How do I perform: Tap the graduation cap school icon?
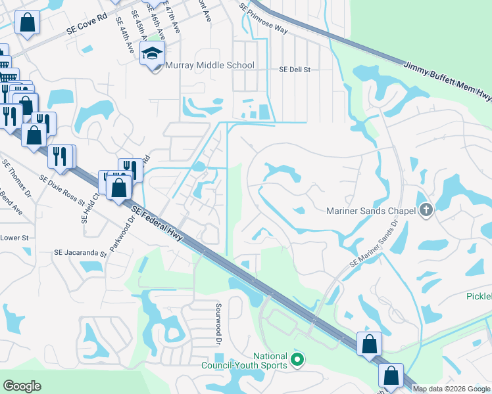[153, 54]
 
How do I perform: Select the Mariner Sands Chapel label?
[372, 211]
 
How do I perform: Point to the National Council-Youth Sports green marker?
[297, 360]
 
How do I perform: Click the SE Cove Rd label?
[86, 26]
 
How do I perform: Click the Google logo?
[22, 386]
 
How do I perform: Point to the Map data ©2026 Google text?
[451, 389]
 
